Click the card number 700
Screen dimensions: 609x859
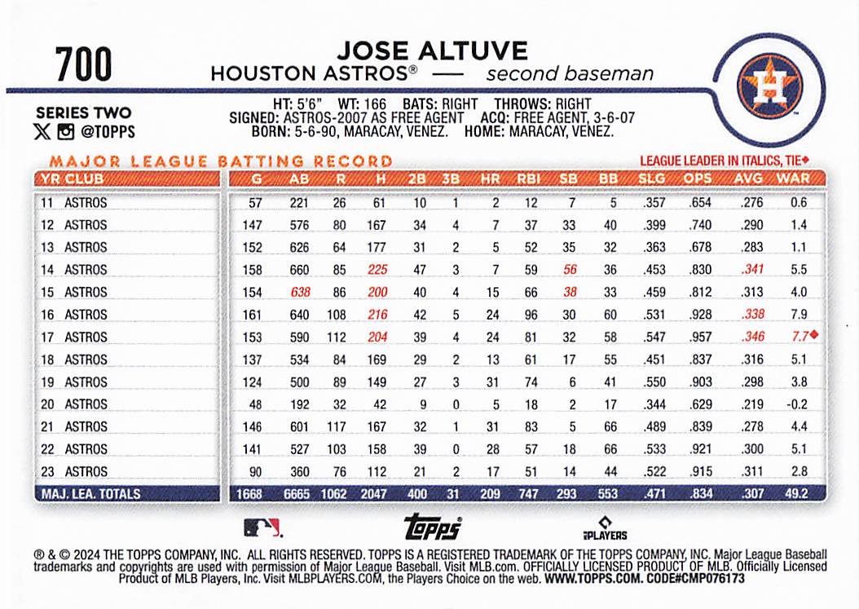(84, 65)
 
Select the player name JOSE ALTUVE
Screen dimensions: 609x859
(432, 51)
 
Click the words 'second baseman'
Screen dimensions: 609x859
(570, 74)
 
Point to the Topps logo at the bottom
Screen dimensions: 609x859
(433, 527)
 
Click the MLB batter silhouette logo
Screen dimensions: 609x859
(262, 528)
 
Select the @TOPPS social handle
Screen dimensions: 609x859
(108, 131)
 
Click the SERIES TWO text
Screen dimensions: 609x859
(83, 113)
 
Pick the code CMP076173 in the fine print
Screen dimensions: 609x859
(711, 578)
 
